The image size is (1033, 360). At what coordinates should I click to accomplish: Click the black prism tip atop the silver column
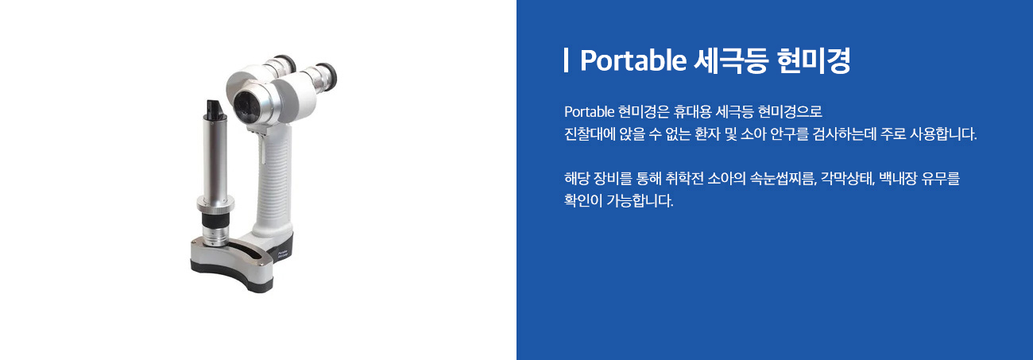215,109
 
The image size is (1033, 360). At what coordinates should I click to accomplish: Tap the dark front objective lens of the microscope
244,106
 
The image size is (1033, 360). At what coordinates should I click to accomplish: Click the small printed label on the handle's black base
283,253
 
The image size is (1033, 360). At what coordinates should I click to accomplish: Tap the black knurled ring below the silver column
215,219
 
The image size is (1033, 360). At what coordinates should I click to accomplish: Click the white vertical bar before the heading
566,60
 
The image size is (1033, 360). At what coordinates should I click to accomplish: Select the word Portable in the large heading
633,60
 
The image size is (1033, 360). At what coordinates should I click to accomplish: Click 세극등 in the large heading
730,60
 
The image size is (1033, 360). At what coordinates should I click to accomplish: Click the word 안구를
790,134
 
